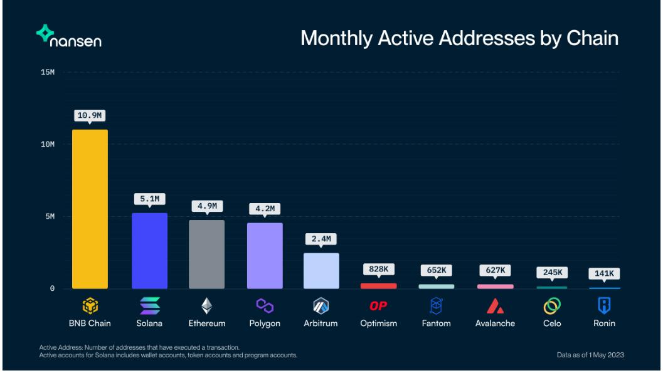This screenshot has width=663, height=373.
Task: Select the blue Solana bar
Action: click(149, 251)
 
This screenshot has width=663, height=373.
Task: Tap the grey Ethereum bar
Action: click(206, 254)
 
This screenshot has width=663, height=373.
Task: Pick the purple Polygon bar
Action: click(264, 256)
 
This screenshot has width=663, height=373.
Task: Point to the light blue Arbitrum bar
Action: click(321, 271)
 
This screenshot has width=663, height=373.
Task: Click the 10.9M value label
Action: click(90, 117)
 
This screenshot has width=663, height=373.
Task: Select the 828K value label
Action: click(379, 270)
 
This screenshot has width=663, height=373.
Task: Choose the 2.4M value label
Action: click(321, 239)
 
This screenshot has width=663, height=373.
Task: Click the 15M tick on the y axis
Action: click(48, 72)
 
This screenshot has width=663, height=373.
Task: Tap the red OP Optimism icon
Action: click(379, 306)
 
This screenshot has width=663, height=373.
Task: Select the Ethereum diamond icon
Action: click(206, 305)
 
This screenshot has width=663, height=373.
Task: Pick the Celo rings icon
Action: click(551, 305)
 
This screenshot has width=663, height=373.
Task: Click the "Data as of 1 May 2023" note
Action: click(590, 355)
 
